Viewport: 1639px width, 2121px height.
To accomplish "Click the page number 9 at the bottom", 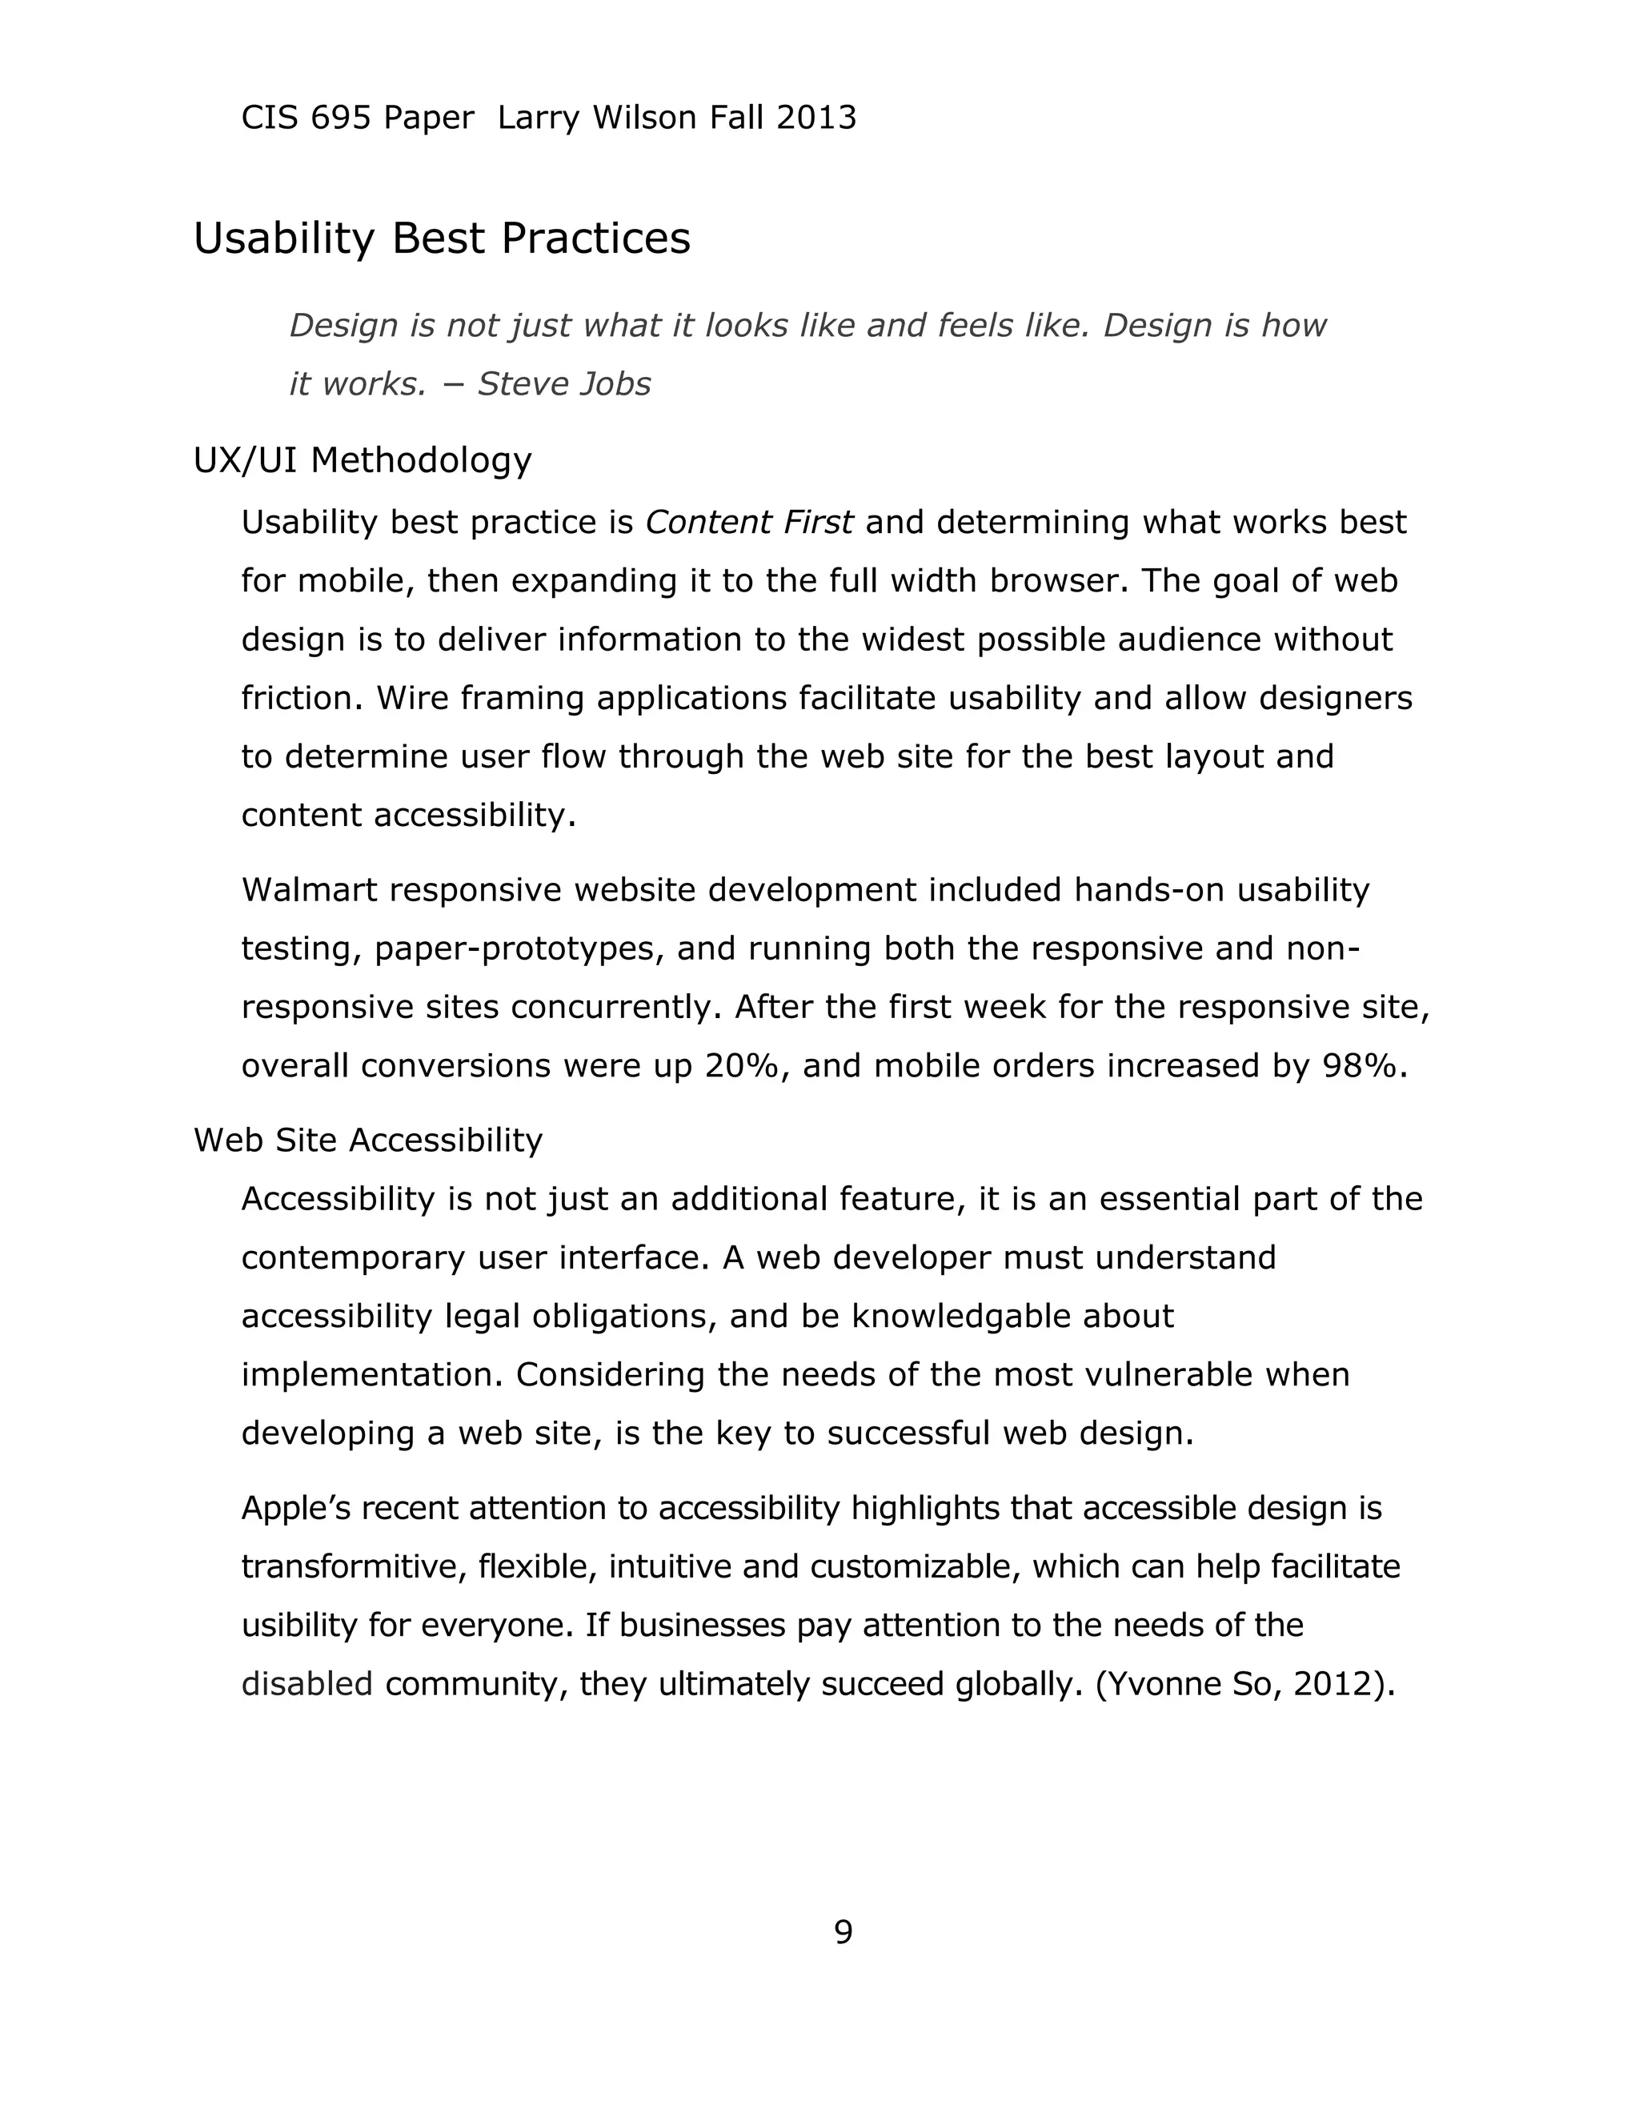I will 843,1931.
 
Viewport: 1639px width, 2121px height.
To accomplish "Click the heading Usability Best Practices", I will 442,238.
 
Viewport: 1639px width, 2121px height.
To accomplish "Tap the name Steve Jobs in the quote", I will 563,383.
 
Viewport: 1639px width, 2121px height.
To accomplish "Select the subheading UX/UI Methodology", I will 363,459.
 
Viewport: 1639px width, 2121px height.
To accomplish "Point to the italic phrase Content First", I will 748,523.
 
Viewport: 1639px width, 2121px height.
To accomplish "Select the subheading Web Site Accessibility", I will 368,1139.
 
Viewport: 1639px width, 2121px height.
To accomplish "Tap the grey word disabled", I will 307,1683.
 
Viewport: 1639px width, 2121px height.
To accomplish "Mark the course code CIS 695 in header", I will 306,118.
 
